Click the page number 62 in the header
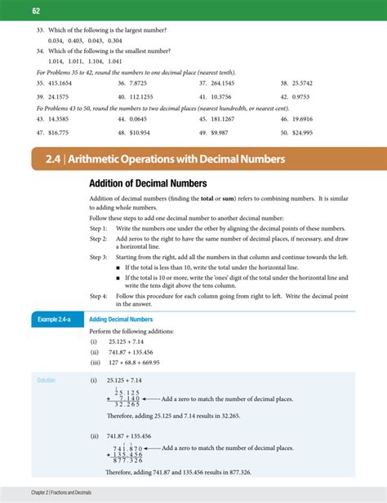tap(36, 11)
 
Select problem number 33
tap(40, 29)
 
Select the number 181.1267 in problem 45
tap(226, 118)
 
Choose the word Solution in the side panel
tap(49, 380)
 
